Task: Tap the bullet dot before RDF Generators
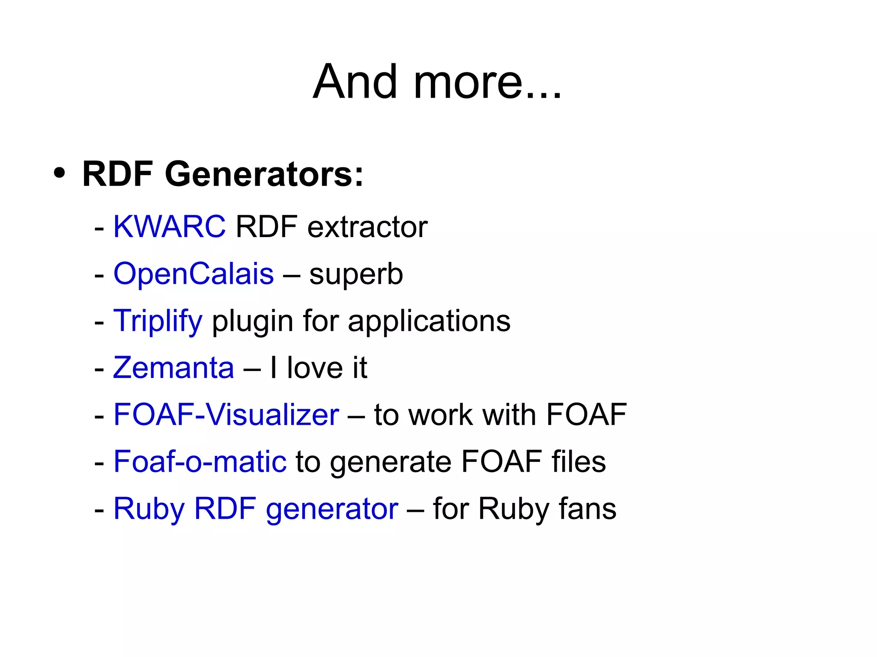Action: pyautogui.click(x=60, y=173)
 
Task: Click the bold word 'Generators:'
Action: pyautogui.click(x=264, y=174)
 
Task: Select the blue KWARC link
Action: pyautogui.click(x=169, y=226)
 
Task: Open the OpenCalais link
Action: pyautogui.click(x=194, y=274)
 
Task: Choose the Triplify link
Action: pyautogui.click(x=158, y=321)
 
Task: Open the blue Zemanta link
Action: pyautogui.click(x=173, y=368)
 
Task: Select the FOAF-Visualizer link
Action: pyautogui.click(x=226, y=415)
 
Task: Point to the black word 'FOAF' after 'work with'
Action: pyautogui.click(x=586, y=415)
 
